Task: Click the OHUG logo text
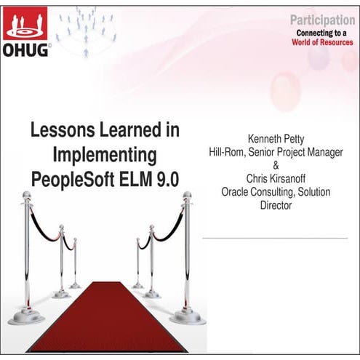[27, 50]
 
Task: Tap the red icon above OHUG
[25, 23]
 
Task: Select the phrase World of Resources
[323, 42]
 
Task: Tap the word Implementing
[105, 154]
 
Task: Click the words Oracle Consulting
[255, 192]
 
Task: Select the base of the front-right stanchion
[187, 317]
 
